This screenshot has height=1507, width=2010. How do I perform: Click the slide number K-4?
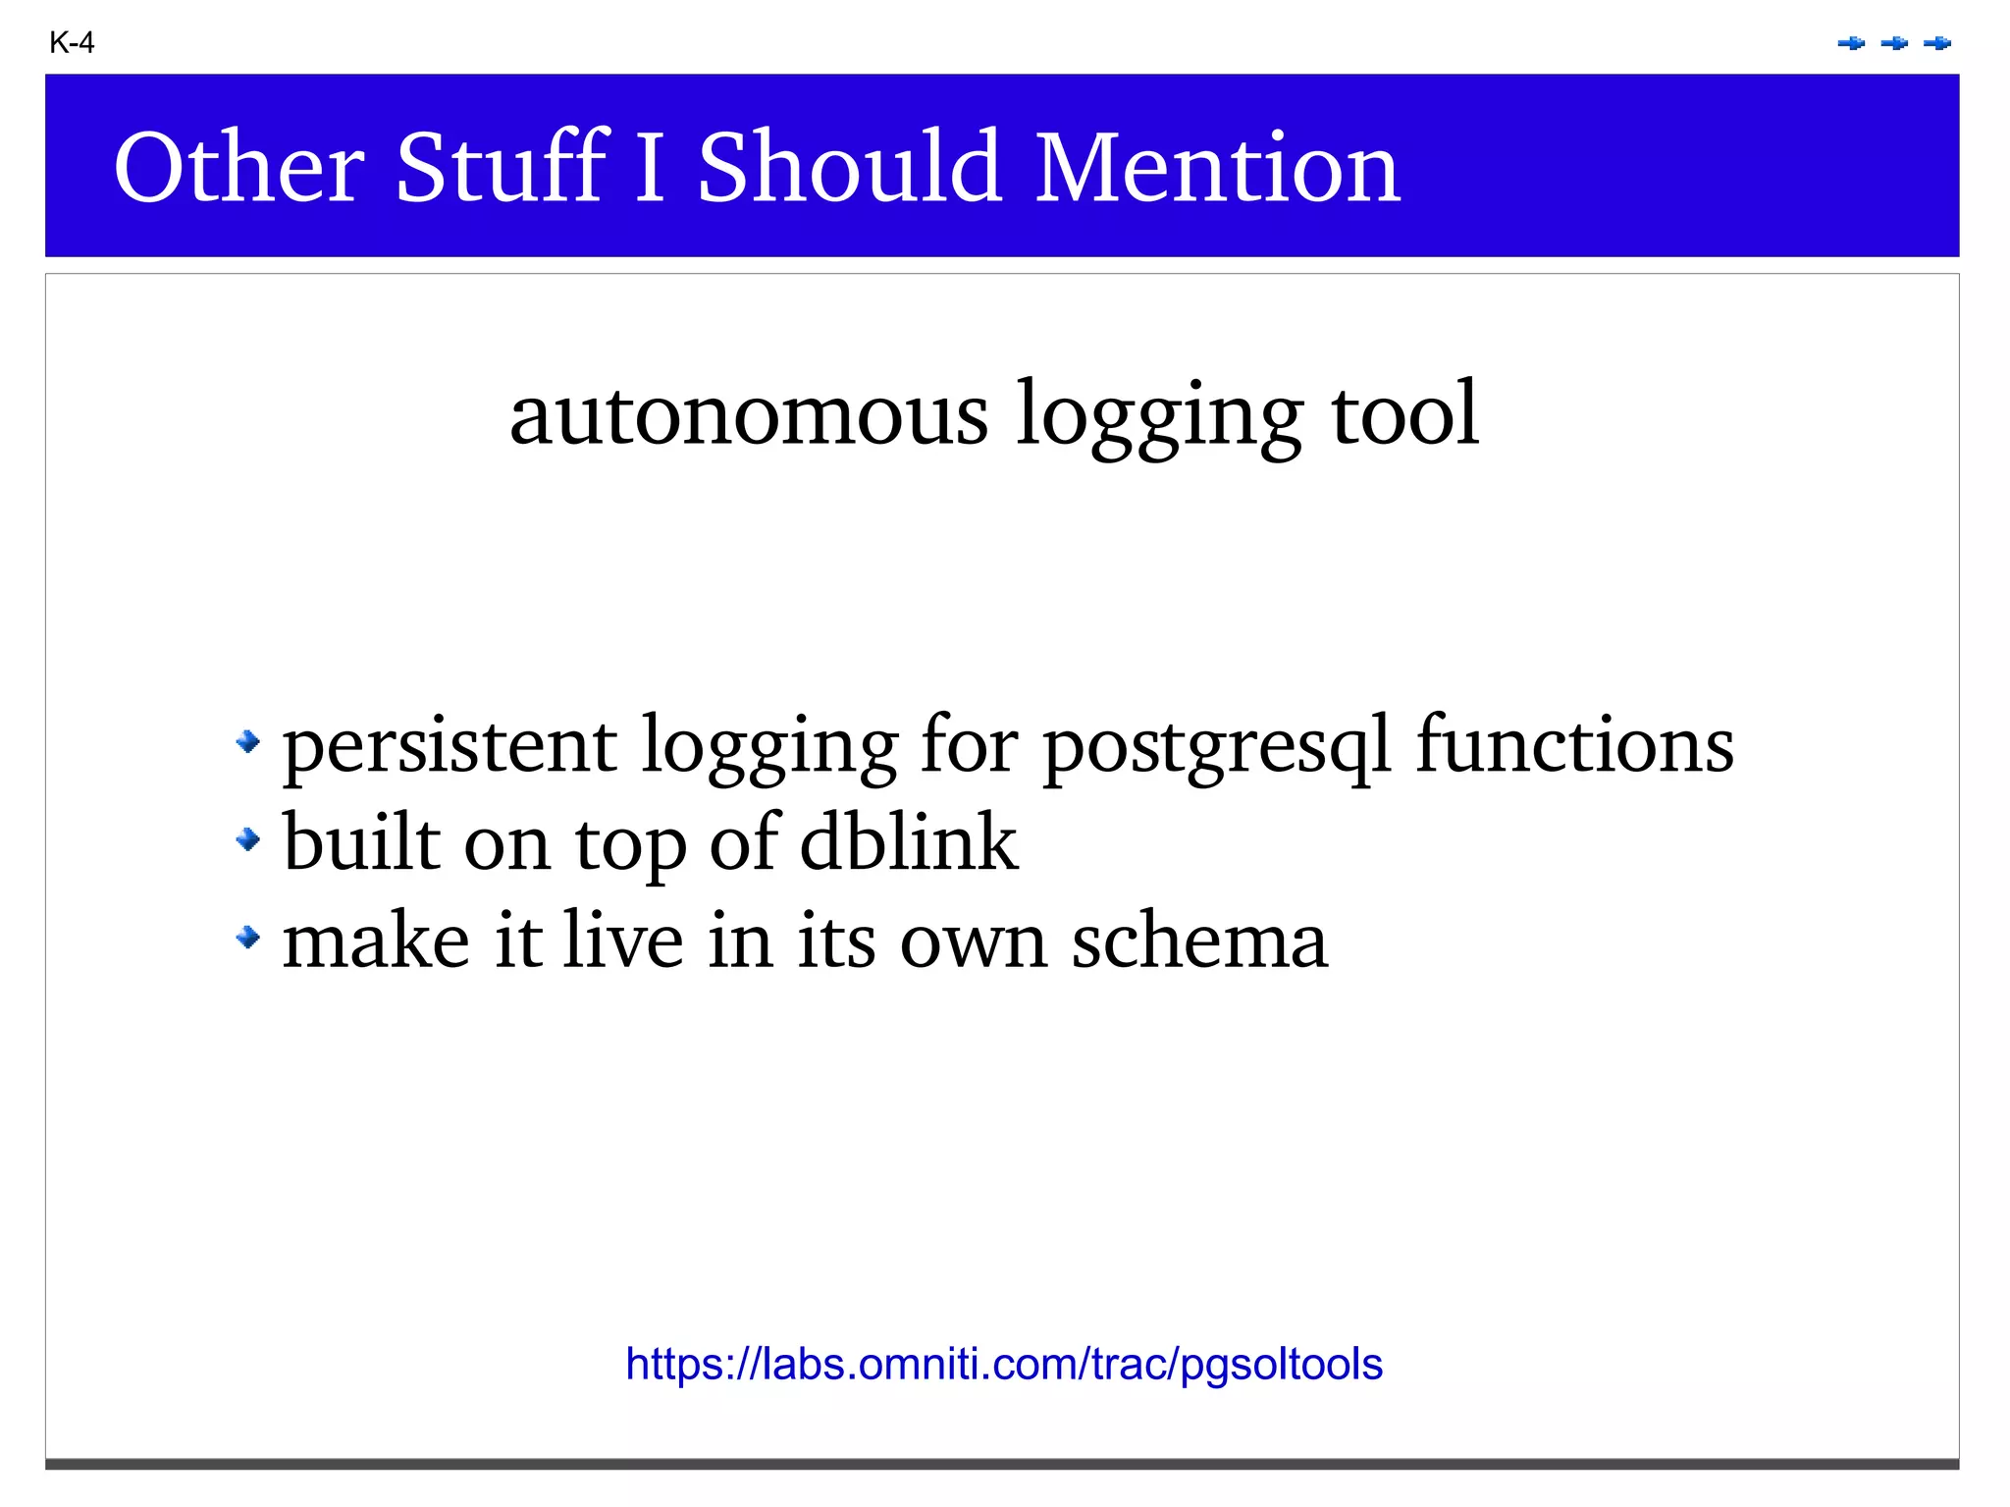click(x=72, y=43)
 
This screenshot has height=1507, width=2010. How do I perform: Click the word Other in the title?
click(x=239, y=168)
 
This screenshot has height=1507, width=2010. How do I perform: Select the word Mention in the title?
click(x=1217, y=168)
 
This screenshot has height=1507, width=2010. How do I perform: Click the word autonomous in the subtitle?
click(x=748, y=414)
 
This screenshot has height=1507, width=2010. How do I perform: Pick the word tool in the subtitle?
click(x=1403, y=414)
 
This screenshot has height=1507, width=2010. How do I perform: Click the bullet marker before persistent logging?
click(x=248, y=741)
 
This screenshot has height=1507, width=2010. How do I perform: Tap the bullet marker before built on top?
click(x=248, y=839)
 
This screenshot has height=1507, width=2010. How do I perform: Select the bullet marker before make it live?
click(x=248, y=938)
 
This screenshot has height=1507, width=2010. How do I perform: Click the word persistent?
click(x=450, y=746)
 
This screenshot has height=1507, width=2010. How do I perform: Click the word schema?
click(x=1199, y=940)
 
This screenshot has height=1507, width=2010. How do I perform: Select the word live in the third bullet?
click(x=623, y=940)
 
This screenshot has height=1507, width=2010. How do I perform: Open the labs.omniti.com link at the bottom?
click(x=1004, y=1365)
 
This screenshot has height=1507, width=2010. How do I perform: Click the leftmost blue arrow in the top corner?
click(x=1851, y=43)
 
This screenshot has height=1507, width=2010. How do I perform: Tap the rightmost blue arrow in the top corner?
click(x=1937, y=43)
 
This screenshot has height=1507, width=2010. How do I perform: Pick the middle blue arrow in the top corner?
click(x=1894, y=43)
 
